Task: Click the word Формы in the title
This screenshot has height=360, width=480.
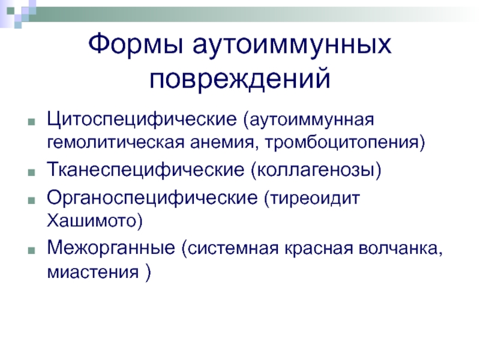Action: coord(136,44)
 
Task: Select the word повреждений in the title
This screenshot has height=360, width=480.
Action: coord(240,79)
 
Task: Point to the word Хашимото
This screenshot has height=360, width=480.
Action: coord(91,221)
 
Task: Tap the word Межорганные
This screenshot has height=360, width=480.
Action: coord(111,248)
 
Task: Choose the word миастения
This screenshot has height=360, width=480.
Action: coord(93,272)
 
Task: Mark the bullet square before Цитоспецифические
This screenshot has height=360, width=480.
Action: coord(31,122)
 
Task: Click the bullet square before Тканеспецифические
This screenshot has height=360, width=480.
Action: coord(31,172)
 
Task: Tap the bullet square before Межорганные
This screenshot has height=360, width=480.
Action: coord(31,251)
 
